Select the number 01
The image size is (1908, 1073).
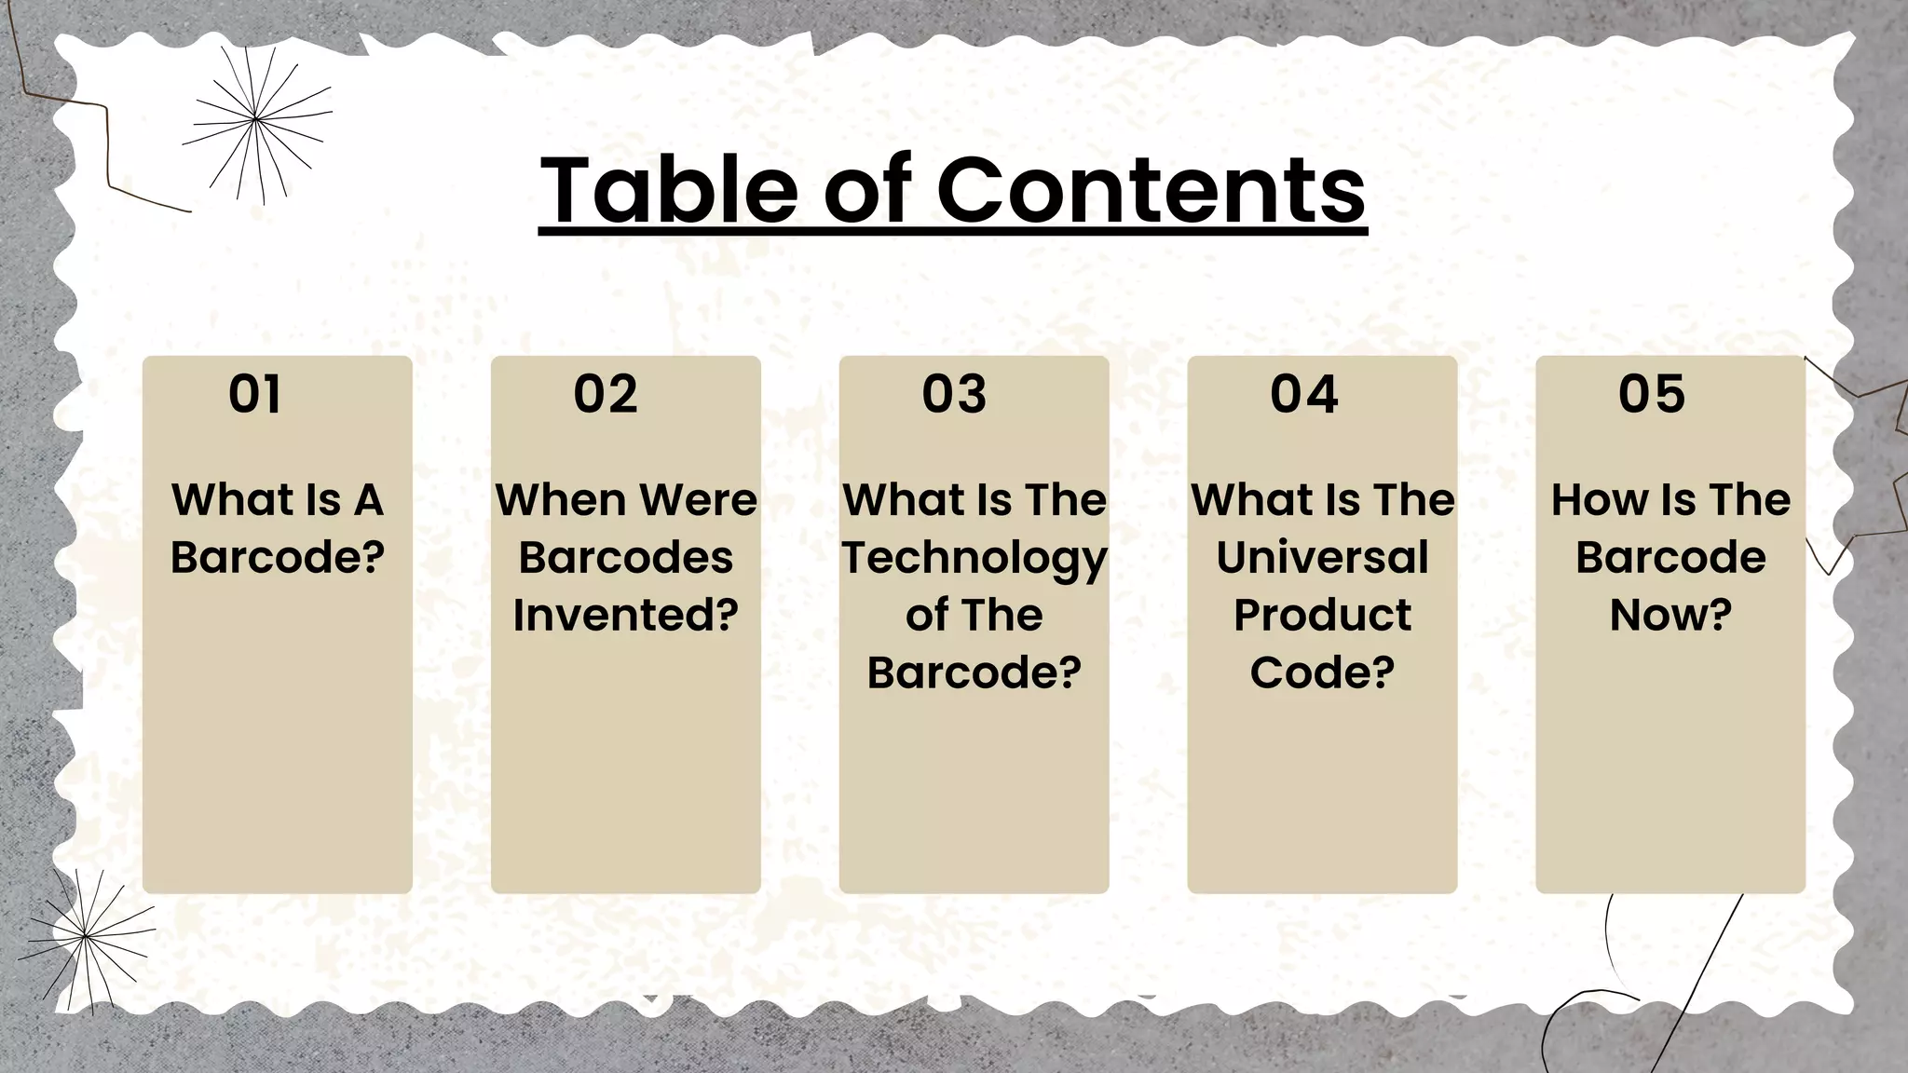click(254, 394)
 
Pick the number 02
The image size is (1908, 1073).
click(606, 394)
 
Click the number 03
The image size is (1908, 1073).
click(954, 394)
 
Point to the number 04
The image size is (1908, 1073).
click(1303, 394)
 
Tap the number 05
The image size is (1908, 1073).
click(1652, 394)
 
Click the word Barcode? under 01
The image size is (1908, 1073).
click(278, 557)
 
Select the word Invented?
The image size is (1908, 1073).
click(626, 615)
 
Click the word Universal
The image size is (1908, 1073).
click(1322, 557)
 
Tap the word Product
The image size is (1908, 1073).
click(1322, 615)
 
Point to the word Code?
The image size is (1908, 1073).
click(1322, 672)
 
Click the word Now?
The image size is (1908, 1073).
click(1670, 615)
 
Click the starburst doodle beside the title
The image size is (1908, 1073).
click(256, 122)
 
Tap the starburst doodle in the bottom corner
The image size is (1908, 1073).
click(86, 934)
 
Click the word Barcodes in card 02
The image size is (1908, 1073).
click(626, 557)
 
